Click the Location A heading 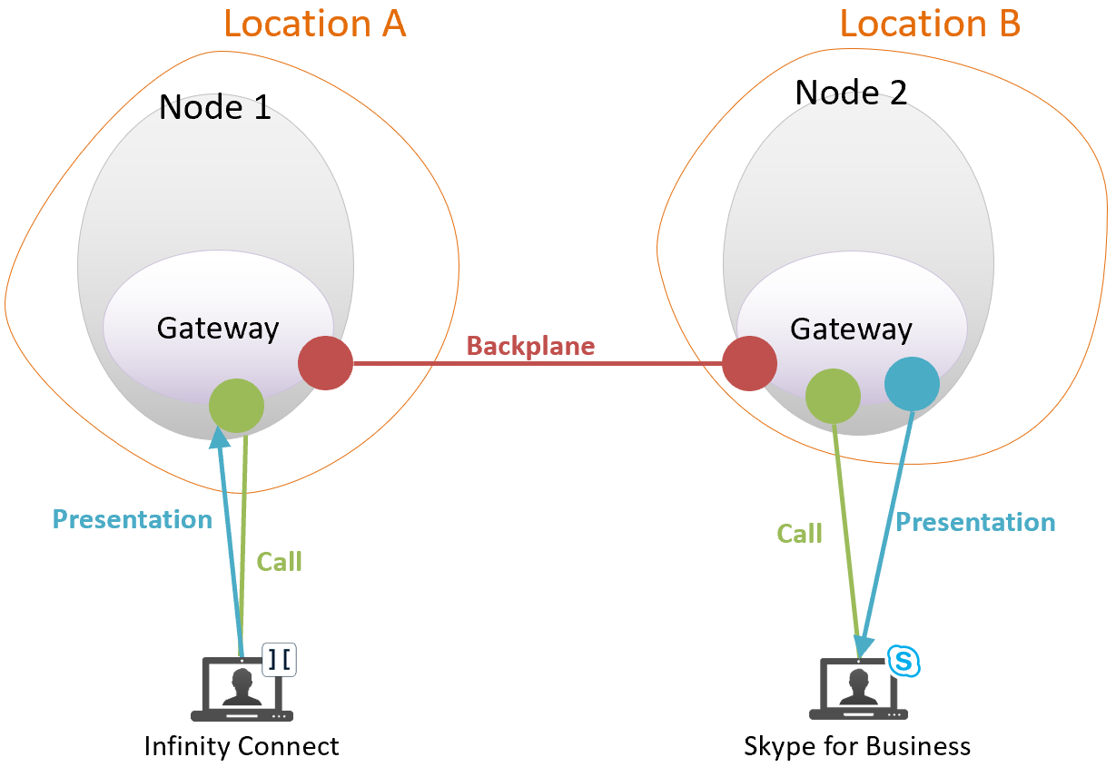[314, 24]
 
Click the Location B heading [930, 24]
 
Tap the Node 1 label [214, 108]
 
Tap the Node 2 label [851, 92]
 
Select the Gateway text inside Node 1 [218, 328]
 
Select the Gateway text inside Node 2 [851, 329]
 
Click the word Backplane [530, 346]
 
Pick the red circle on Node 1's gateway [325, 363]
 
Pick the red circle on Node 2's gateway [750, 363]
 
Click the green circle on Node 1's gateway [236, 406]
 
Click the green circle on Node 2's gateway [833, 396]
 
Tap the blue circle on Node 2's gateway [912, 384]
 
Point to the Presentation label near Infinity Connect [133, 519]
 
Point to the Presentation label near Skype [975, 522]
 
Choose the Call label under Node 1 [279, 562]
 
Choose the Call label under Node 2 [799, 534]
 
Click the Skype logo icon [904, 661]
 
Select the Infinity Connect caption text [242, 746]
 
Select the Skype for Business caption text [857, 746]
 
